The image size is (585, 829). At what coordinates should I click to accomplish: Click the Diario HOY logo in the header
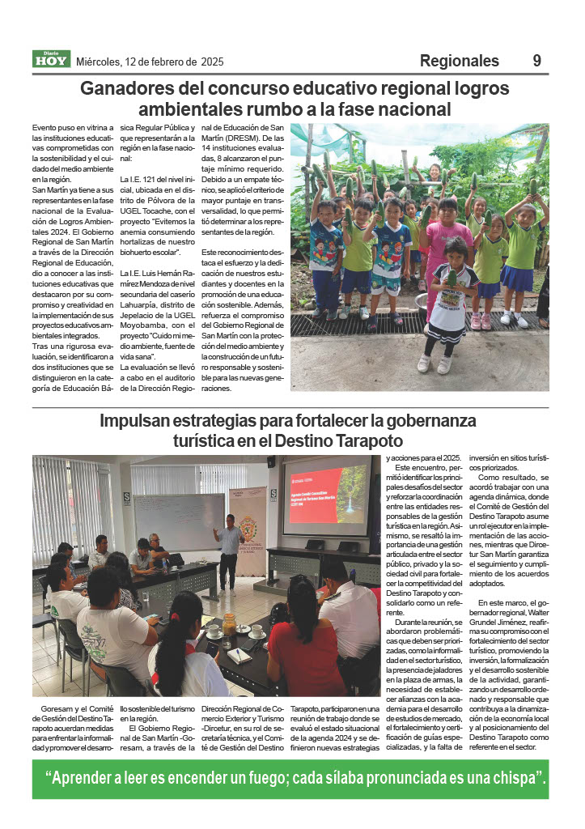tap(51, 59)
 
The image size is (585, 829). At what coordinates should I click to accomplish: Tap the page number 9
tap(536, 61)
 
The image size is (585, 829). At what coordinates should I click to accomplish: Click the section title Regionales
tap(459, 61)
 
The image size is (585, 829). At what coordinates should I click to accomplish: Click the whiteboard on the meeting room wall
tap(180, 519)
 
